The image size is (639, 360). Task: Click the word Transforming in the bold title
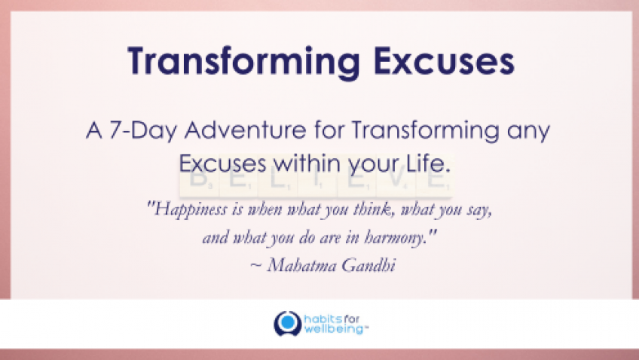pos(243,62)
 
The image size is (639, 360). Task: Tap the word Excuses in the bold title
pos(444,61)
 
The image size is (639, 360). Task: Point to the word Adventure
pos(246,130)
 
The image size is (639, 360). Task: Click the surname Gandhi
pos(368,265)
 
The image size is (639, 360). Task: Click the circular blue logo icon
pos(288,323)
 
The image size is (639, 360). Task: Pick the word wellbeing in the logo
pos(333,328)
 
